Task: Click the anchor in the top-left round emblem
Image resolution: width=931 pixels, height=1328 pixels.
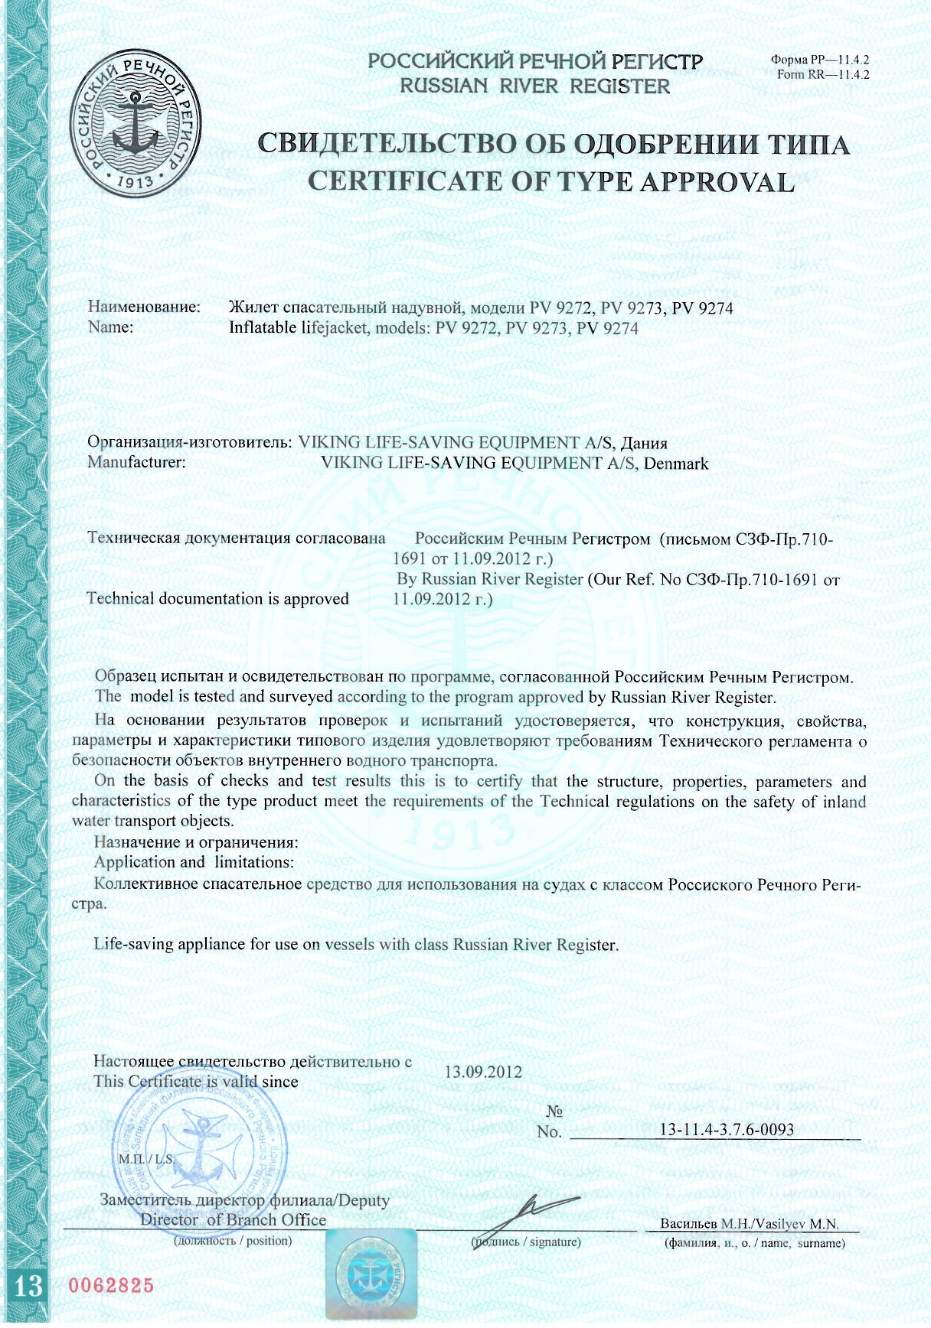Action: pyautogui.click(x=136, y=123)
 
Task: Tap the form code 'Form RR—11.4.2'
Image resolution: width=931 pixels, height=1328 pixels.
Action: pyautogui.click(x=822, y=75)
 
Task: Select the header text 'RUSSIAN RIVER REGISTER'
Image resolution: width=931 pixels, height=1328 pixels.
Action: pyautogui.click(x=534, y=86)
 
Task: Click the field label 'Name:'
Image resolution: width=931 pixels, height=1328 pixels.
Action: pyautogui.click(x=111, y=327)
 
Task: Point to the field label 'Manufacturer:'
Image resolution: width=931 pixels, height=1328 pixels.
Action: pyautogui.click(x=137, y=462)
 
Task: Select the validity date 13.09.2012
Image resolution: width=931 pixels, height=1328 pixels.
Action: pyautogui.click(x=483, y=1072)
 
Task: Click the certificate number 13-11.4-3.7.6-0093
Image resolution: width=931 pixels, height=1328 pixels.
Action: pyautogui.click(x=726, y=1129)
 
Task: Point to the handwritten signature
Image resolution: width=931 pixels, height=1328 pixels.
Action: pyautogui.click(x=528, y=1215)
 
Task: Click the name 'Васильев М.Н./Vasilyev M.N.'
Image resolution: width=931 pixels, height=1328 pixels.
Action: pyautogui.click(x=749, y=1223)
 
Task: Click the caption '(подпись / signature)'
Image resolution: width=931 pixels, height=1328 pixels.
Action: pyautogui.click(x=526, y=1242)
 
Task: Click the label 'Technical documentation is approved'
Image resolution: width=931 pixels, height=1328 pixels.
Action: pyautogui.click(x=218, y=598)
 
